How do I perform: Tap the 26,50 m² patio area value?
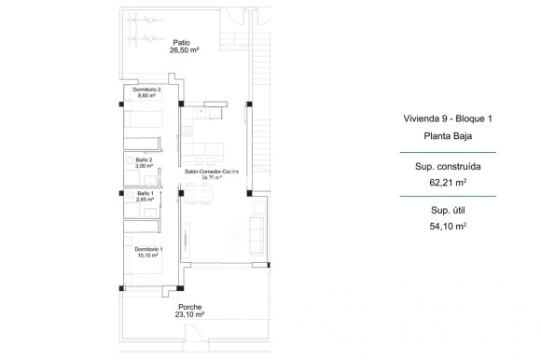(181, 51)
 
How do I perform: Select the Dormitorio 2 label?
(146, 90)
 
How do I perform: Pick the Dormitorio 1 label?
(148, 249)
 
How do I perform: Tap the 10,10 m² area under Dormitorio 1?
(148, 256)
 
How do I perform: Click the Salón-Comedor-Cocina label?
(212, 173)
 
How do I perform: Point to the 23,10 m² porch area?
(190, 315)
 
